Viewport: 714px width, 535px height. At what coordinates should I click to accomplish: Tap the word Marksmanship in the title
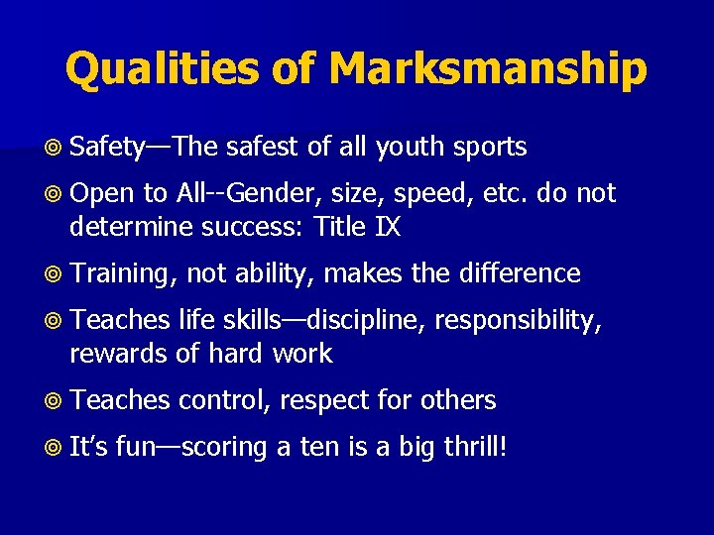pyautogui.click(x=488, y=69)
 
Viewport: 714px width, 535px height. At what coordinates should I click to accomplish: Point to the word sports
pyautogui.click(x=490, y=148)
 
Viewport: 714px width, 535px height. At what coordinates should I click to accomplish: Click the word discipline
pyautogui.click(x=363, y=319)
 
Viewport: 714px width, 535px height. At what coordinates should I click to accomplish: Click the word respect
pyautogui.click(x=323, y=401)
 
